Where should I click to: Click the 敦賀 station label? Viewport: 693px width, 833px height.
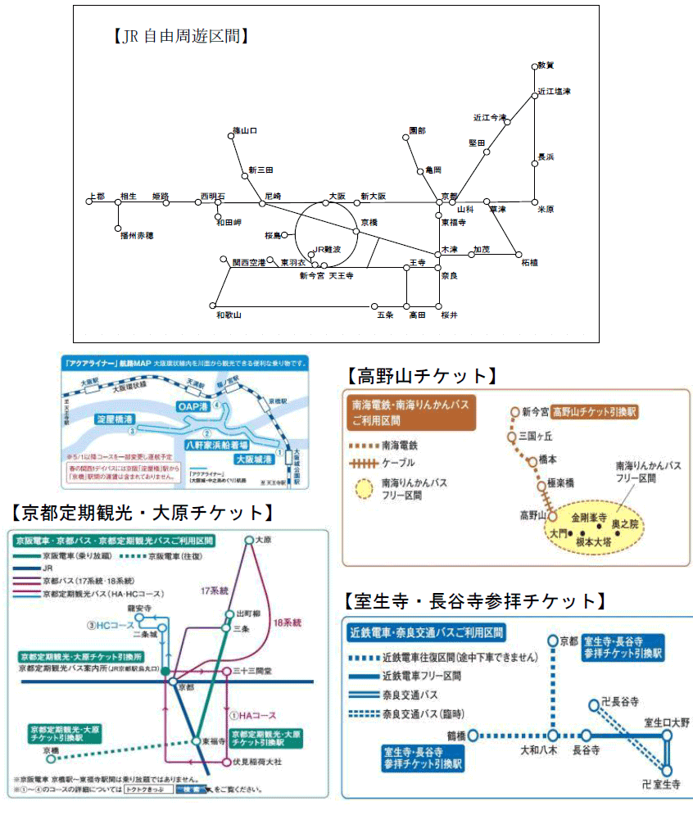546,65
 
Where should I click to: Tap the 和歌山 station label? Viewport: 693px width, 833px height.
228,315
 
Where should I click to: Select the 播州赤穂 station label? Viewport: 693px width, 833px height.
137,234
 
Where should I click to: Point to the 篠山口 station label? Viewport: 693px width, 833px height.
245,130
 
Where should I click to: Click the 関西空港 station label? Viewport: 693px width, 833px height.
249,263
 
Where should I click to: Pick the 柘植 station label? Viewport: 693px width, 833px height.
529,263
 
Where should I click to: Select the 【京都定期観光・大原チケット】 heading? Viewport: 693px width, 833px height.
140,513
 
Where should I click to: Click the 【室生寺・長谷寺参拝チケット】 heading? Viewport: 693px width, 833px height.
476,601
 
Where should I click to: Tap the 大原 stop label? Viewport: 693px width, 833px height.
263,540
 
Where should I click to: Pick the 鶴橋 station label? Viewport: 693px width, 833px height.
455,736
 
